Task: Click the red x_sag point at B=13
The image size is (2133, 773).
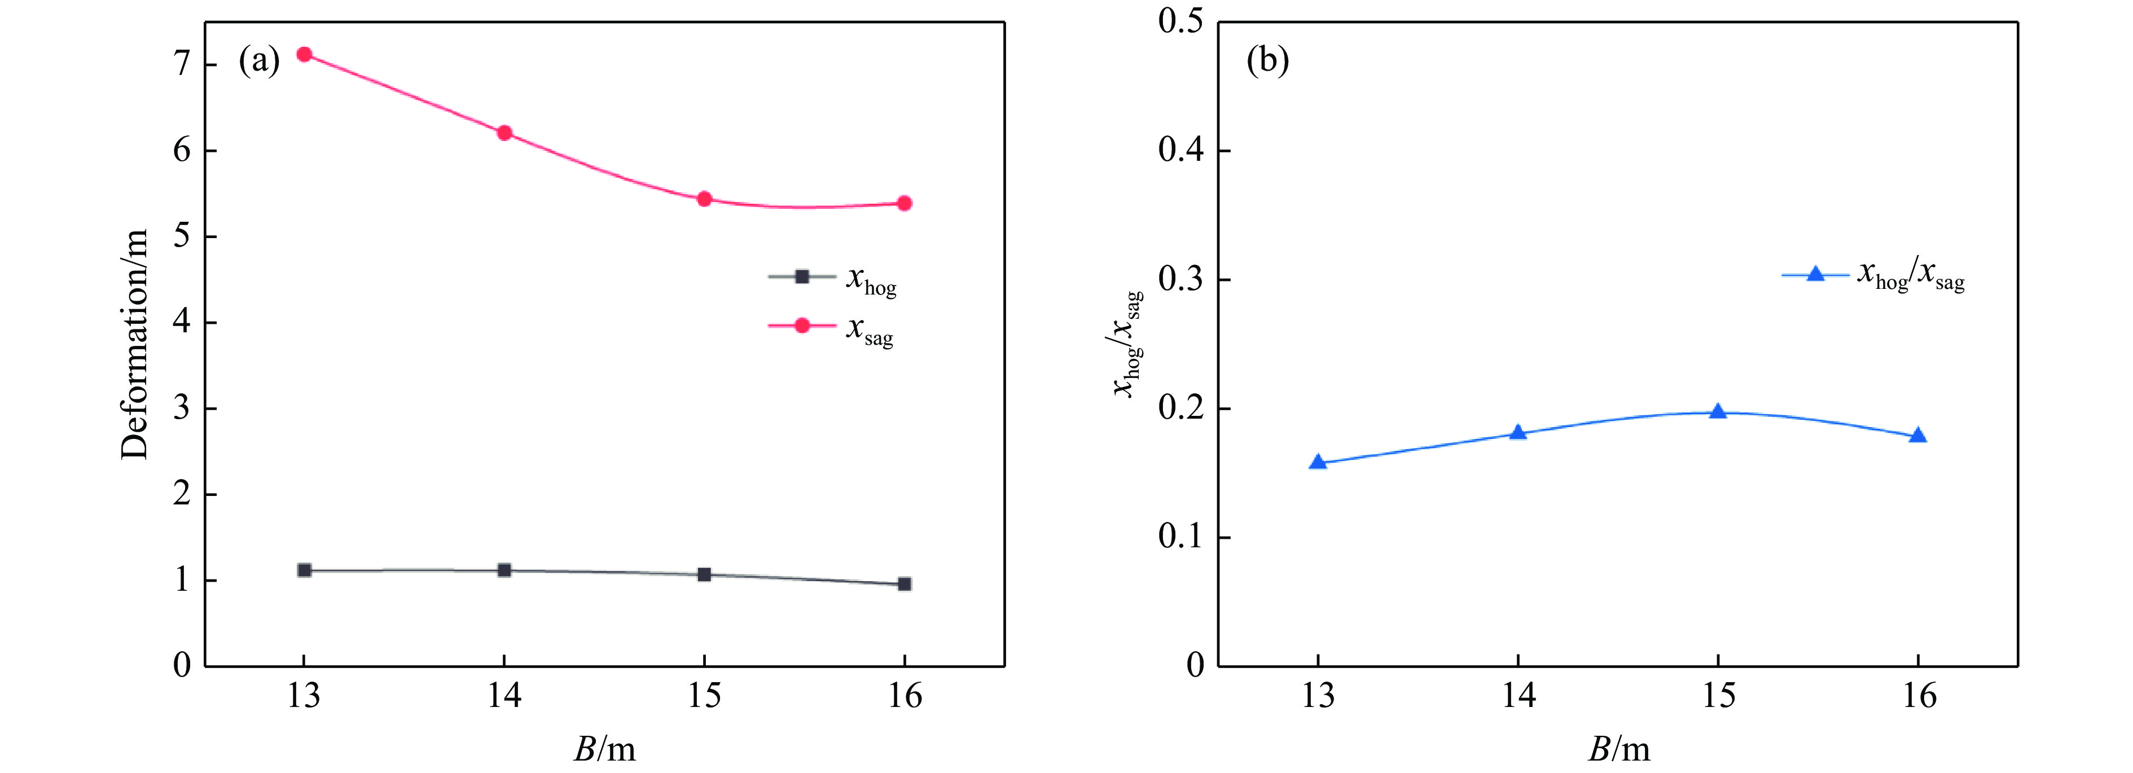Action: click(x=304, y=55)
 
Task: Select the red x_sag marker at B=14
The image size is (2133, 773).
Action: click(x=504, y=133)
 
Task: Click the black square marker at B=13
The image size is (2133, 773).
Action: click(x=304, y=570)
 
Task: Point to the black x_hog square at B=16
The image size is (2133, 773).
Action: click(x=904, y=585)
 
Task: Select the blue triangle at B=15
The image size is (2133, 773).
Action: click(x=1718, y=412)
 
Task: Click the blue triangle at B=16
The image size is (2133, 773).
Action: click(x=1917, y=436)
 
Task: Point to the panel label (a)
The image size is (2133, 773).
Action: click(x=259, y=62)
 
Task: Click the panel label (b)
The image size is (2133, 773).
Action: click(x=1268, y=62)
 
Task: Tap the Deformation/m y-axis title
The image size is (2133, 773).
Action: click(x=134, y=344)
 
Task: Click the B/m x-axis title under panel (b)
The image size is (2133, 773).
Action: click(x=1619, y=749)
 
